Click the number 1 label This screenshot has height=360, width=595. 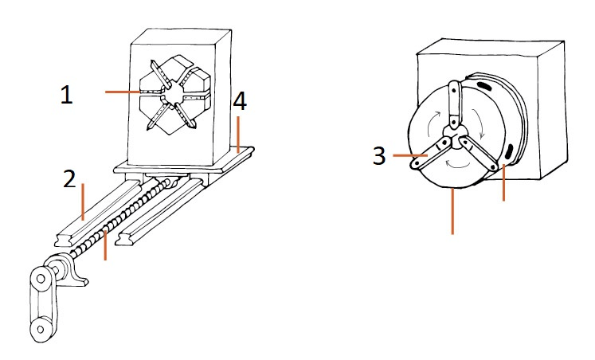67,95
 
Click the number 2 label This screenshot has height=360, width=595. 69,179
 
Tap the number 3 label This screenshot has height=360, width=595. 379,155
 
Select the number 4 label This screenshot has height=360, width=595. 241,101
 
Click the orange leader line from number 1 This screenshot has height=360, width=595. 123,92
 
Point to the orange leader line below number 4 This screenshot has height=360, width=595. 238,135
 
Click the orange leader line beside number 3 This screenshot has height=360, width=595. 410,155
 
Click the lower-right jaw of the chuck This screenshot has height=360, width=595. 478,155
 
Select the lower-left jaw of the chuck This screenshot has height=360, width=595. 430,155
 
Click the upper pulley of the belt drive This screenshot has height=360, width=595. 41,279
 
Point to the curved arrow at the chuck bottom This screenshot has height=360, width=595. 458,164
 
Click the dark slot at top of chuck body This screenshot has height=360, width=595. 483,85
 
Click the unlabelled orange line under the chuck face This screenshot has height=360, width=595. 452,212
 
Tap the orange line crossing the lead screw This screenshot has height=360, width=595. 105,244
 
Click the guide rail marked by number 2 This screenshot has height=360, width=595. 97,213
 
